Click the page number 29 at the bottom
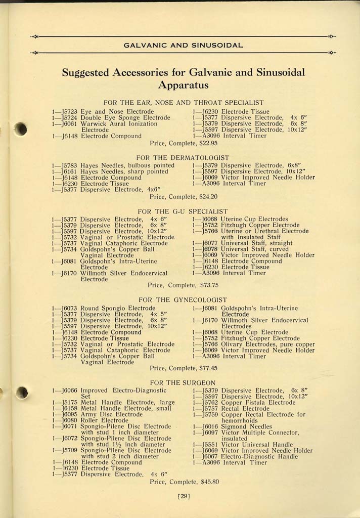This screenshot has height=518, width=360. tap(184, 496)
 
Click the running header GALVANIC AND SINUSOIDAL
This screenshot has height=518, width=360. tap(184, 45)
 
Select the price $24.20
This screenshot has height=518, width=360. tap(207, 196)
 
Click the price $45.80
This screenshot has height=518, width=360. tap(209, 482)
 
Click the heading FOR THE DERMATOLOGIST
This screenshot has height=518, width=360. tap(183, 158)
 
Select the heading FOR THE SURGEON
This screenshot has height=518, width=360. tap(183, 382)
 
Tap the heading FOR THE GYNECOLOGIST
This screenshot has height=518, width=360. tap(183, 300)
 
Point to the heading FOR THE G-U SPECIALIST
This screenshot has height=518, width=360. tap(183, 211)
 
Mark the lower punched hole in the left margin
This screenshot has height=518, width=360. tap(21, 393)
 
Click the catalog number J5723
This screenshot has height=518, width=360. tap(68, 111)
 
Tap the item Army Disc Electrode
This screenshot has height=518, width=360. tap(105, 414)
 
